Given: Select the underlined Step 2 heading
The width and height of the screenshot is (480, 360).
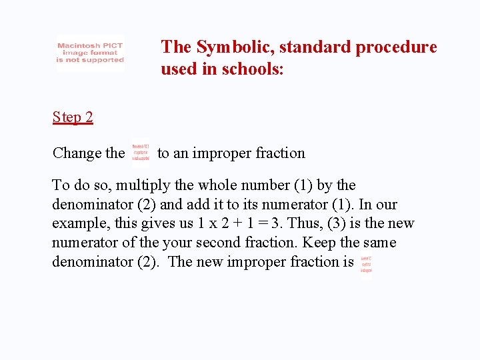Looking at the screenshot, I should (x=73, y=118).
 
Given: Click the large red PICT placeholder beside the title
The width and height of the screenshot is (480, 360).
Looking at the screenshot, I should (x=90, y=53).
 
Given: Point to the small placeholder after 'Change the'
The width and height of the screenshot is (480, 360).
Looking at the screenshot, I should (x=141, y=152).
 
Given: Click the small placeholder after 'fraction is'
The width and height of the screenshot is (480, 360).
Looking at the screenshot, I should (x=366, y=264).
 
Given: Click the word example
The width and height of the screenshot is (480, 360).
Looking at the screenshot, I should (x=77, y=223).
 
